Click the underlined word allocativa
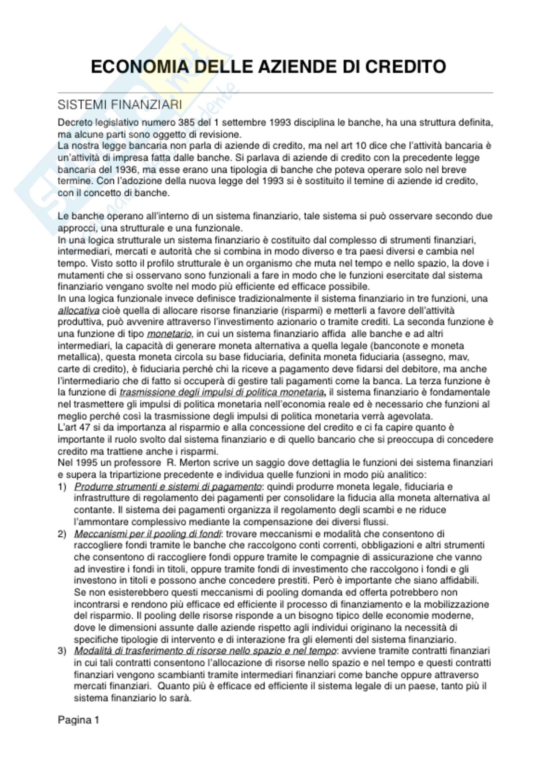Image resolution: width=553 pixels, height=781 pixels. pos(79,311)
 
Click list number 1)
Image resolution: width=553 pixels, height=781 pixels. pos(62,487)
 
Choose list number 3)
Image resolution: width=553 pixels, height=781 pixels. pos(62,651)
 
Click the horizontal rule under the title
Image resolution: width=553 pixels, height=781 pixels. pos(275,92)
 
